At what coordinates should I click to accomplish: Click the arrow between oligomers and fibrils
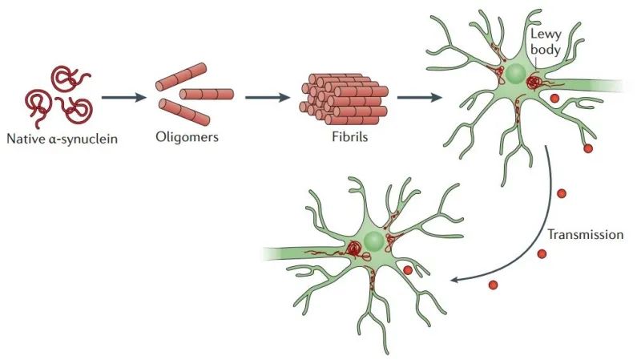click(x=266, y=98)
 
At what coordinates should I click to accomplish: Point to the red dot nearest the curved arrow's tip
click(x=492, y=285)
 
